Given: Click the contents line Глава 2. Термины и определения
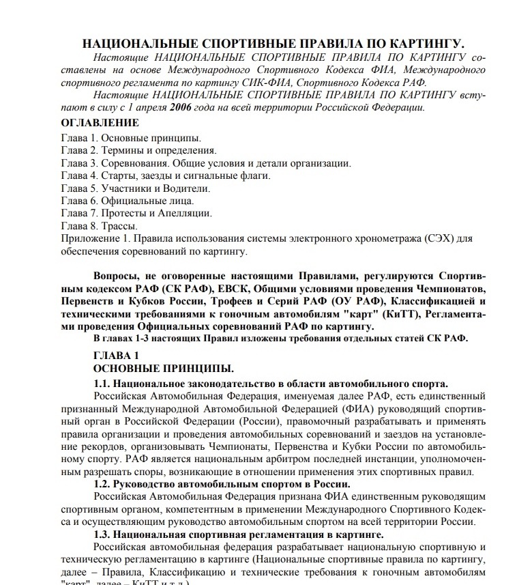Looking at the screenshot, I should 138,150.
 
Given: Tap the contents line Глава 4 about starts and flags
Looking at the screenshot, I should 165,175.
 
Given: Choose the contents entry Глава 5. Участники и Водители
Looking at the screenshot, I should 135,188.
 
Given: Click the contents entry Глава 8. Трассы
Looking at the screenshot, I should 99,225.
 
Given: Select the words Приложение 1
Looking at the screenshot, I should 93,238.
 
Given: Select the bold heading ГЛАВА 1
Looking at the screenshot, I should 117,356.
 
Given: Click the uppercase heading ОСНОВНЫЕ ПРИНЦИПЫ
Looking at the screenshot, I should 164,369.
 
